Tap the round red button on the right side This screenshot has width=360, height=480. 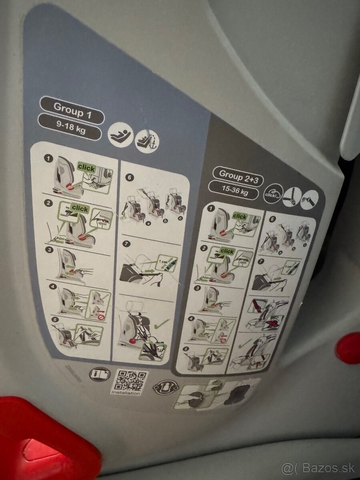(348, 348)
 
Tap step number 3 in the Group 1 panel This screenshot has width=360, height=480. (48, 250)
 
